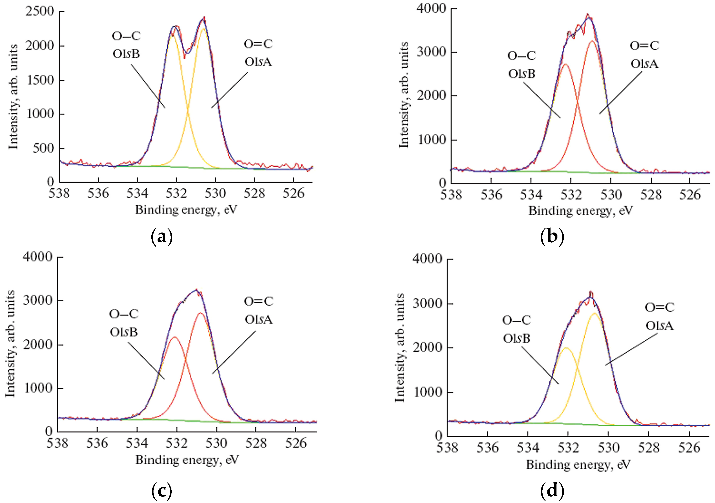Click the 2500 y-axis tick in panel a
tap(40, 11)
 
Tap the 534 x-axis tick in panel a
tap(137, 193)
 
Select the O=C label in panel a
tap(258, 44)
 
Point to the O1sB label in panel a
tap(126, 54)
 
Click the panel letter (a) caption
tap(161, 237)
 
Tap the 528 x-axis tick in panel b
tap(651, 195)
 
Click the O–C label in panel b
tap(522, 56)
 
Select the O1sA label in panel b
tap(644, 64)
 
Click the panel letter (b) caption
tap(552, 237)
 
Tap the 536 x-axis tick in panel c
tap(97, 443)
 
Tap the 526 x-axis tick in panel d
tap(689, 448)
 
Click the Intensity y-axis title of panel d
tap(400, 347)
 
